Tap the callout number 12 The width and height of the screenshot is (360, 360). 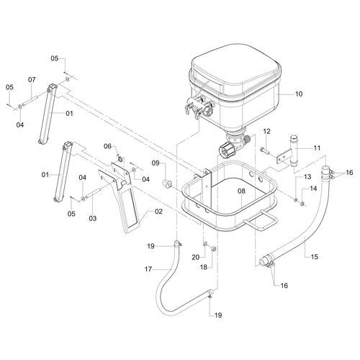click(x=266, y=132)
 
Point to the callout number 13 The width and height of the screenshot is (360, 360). click(x=306, y=176)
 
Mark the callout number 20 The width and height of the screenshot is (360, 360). click(x=196, y=256)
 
